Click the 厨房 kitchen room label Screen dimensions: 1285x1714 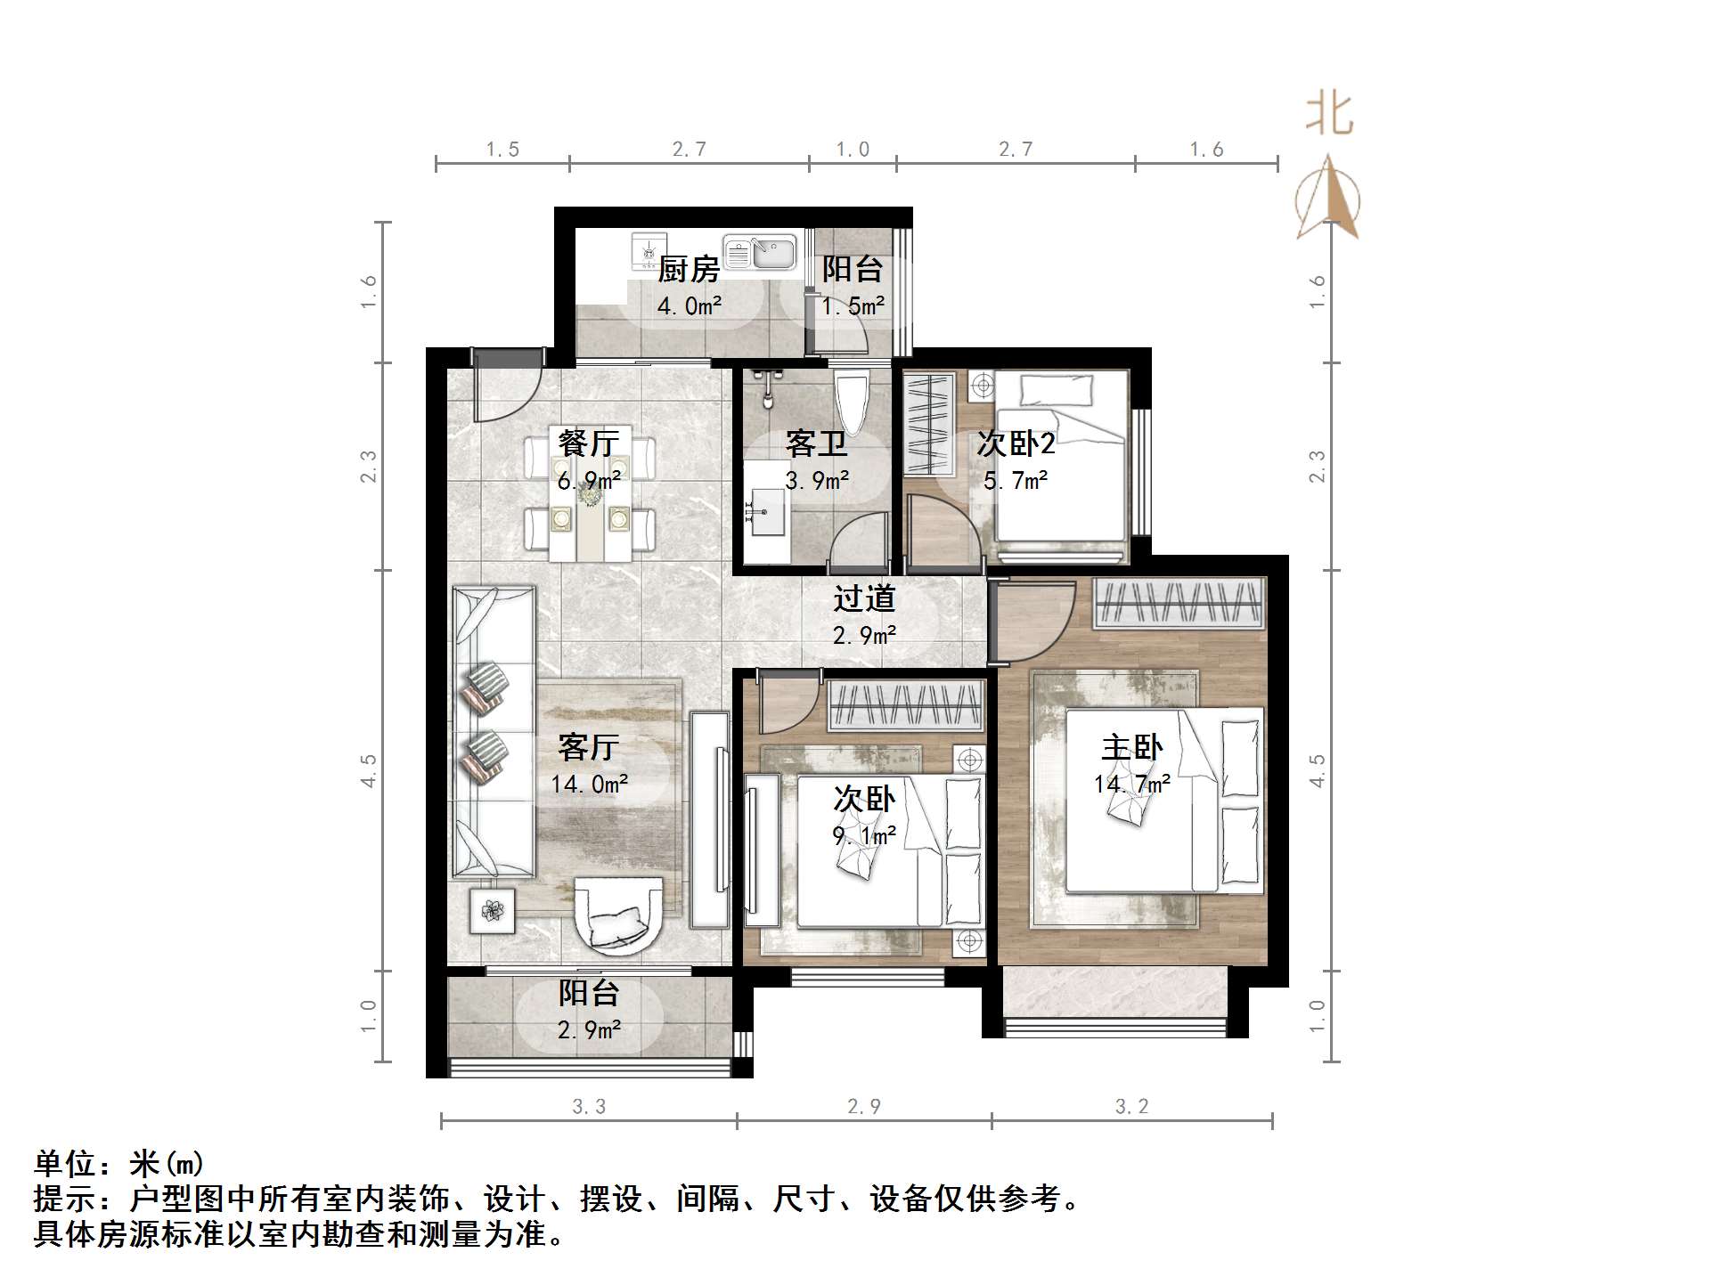click(x=689, y=269)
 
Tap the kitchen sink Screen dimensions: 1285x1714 click(x=759, y=252)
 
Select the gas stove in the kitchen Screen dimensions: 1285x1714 click(x=648, y=252)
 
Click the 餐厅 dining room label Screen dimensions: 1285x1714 click(x=588, y=443)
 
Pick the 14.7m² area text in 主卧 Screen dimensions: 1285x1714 click(x=1131, y=785)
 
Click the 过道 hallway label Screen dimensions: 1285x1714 click(x=863, y=598)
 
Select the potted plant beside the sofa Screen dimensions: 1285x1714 click(x=493, y=910)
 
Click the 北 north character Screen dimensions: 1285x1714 click(x=1329, y=115)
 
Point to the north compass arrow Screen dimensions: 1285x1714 click(x=1327, y=198)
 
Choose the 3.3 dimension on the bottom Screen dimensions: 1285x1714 click(x=589, y=1107)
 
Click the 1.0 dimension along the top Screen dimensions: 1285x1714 click(x=853, y=150)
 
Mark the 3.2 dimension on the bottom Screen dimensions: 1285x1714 click(x=1132, y=1107)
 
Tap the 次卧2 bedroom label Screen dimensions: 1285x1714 click(x=1016, y=443)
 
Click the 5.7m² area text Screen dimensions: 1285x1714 click(x=1016, y=482)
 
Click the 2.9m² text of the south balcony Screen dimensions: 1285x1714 click(x=589, y=1030)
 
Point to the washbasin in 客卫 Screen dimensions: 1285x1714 click(x=765, y=512)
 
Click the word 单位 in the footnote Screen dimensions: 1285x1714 click(x=65, y=1164)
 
